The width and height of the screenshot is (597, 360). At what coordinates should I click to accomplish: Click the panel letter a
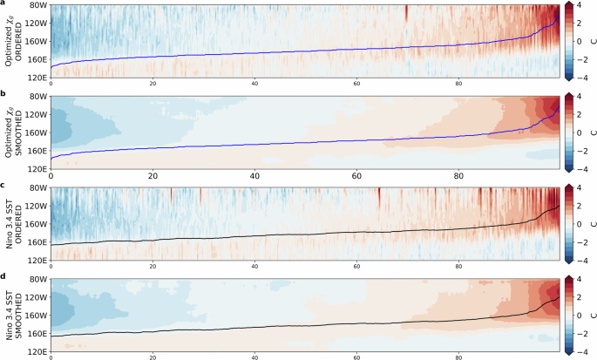point(5,3)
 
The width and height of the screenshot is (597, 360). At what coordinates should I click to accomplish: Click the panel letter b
point(5,95)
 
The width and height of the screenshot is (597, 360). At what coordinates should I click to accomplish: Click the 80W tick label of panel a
point(37,5)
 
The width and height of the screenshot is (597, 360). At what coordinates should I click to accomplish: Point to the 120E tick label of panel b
point(37,169)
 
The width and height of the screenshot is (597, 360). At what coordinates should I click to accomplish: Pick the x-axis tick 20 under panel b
point(153,175)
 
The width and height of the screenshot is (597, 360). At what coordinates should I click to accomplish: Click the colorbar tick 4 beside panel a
point(580,5)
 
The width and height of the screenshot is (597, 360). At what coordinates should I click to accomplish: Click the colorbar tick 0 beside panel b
point(580,133)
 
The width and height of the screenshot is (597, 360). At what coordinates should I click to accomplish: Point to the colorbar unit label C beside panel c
point(592,225)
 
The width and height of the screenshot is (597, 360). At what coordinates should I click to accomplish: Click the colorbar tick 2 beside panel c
point(580,207)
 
